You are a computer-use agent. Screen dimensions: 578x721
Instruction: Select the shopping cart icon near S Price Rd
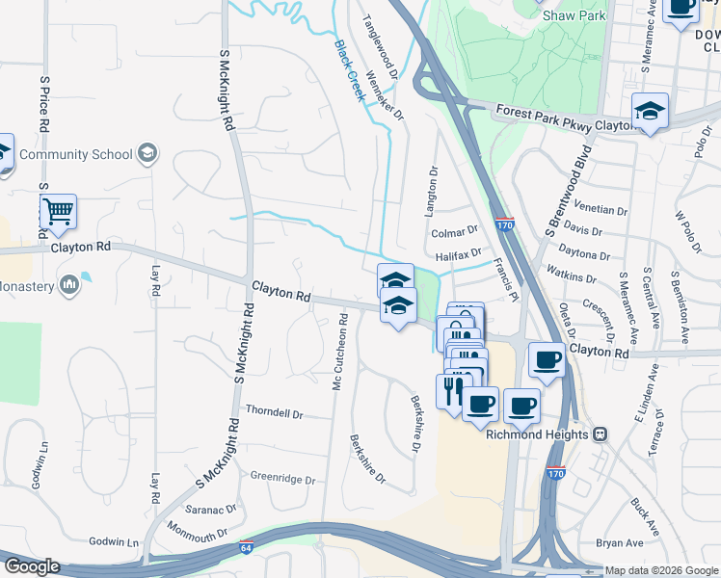click(x=58, y=210)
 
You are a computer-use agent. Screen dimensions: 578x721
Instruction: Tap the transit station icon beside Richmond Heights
click(x=600, y=434)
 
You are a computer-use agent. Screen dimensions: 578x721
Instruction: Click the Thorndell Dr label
click(x=274, y=413)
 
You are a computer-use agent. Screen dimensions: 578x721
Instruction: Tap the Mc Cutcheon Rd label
click(x=338, y=357)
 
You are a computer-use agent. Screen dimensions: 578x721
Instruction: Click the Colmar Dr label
click(x=455, y=231)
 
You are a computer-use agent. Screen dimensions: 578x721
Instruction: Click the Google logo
click(x=31, y=566)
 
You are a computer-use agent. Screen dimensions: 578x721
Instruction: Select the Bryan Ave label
click(x=619, y=544)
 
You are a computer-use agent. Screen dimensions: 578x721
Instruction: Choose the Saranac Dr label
click(x=211, y=508)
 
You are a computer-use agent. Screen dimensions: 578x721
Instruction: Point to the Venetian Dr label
click(x=600, y=208)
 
